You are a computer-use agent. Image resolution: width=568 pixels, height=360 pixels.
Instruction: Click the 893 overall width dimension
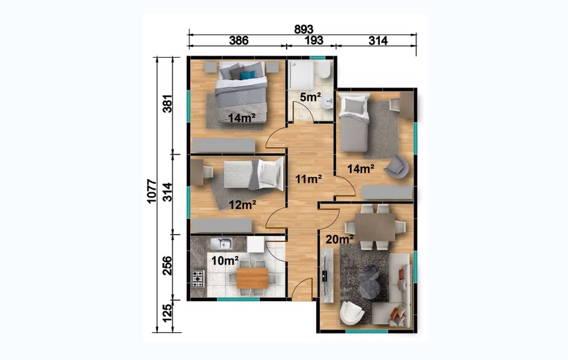[x=303, y=29]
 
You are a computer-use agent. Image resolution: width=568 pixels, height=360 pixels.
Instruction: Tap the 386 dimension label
[x=239, y=40]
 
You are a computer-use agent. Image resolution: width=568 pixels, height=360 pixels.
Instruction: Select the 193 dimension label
[x=313, y=40]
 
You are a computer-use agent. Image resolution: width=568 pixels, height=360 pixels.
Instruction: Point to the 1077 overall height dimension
[x=152, y=191]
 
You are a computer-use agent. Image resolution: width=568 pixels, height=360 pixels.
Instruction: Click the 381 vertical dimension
[x=167, y=103]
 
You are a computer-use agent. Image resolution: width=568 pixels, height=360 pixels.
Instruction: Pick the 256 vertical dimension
[x=167, y=265]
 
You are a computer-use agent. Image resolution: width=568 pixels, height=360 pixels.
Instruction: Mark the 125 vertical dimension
[x=167, y=313]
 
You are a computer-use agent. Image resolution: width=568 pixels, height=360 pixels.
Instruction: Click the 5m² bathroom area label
[x=310, y=97]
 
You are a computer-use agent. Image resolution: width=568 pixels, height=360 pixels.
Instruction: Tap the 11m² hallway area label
[x=309, y=179]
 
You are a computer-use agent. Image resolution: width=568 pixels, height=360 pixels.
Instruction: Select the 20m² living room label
[x=339, y=239]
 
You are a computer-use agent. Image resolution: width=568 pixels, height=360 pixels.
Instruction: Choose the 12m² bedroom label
[x=243, y=205]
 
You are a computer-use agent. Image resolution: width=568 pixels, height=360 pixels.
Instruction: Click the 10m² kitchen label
[x=225, y=261]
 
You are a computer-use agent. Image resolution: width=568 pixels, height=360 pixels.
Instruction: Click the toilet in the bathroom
[x=325, y=70]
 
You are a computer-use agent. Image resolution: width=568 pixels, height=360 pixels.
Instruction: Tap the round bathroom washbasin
[x=328, y=101]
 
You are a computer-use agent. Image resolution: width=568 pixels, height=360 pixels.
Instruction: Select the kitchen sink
[x=221, y=243]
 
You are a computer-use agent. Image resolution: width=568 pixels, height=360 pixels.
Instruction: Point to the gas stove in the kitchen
[x=198, y=278]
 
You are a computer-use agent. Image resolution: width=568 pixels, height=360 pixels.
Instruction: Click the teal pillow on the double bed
[x=247, y=75]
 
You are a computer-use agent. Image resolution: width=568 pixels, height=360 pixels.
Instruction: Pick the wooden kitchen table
[x=253, y=278]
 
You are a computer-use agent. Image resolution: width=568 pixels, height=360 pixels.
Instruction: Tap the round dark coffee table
[x=369, y=280]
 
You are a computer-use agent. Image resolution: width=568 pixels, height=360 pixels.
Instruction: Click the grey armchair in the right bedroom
[x=397, y=167]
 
